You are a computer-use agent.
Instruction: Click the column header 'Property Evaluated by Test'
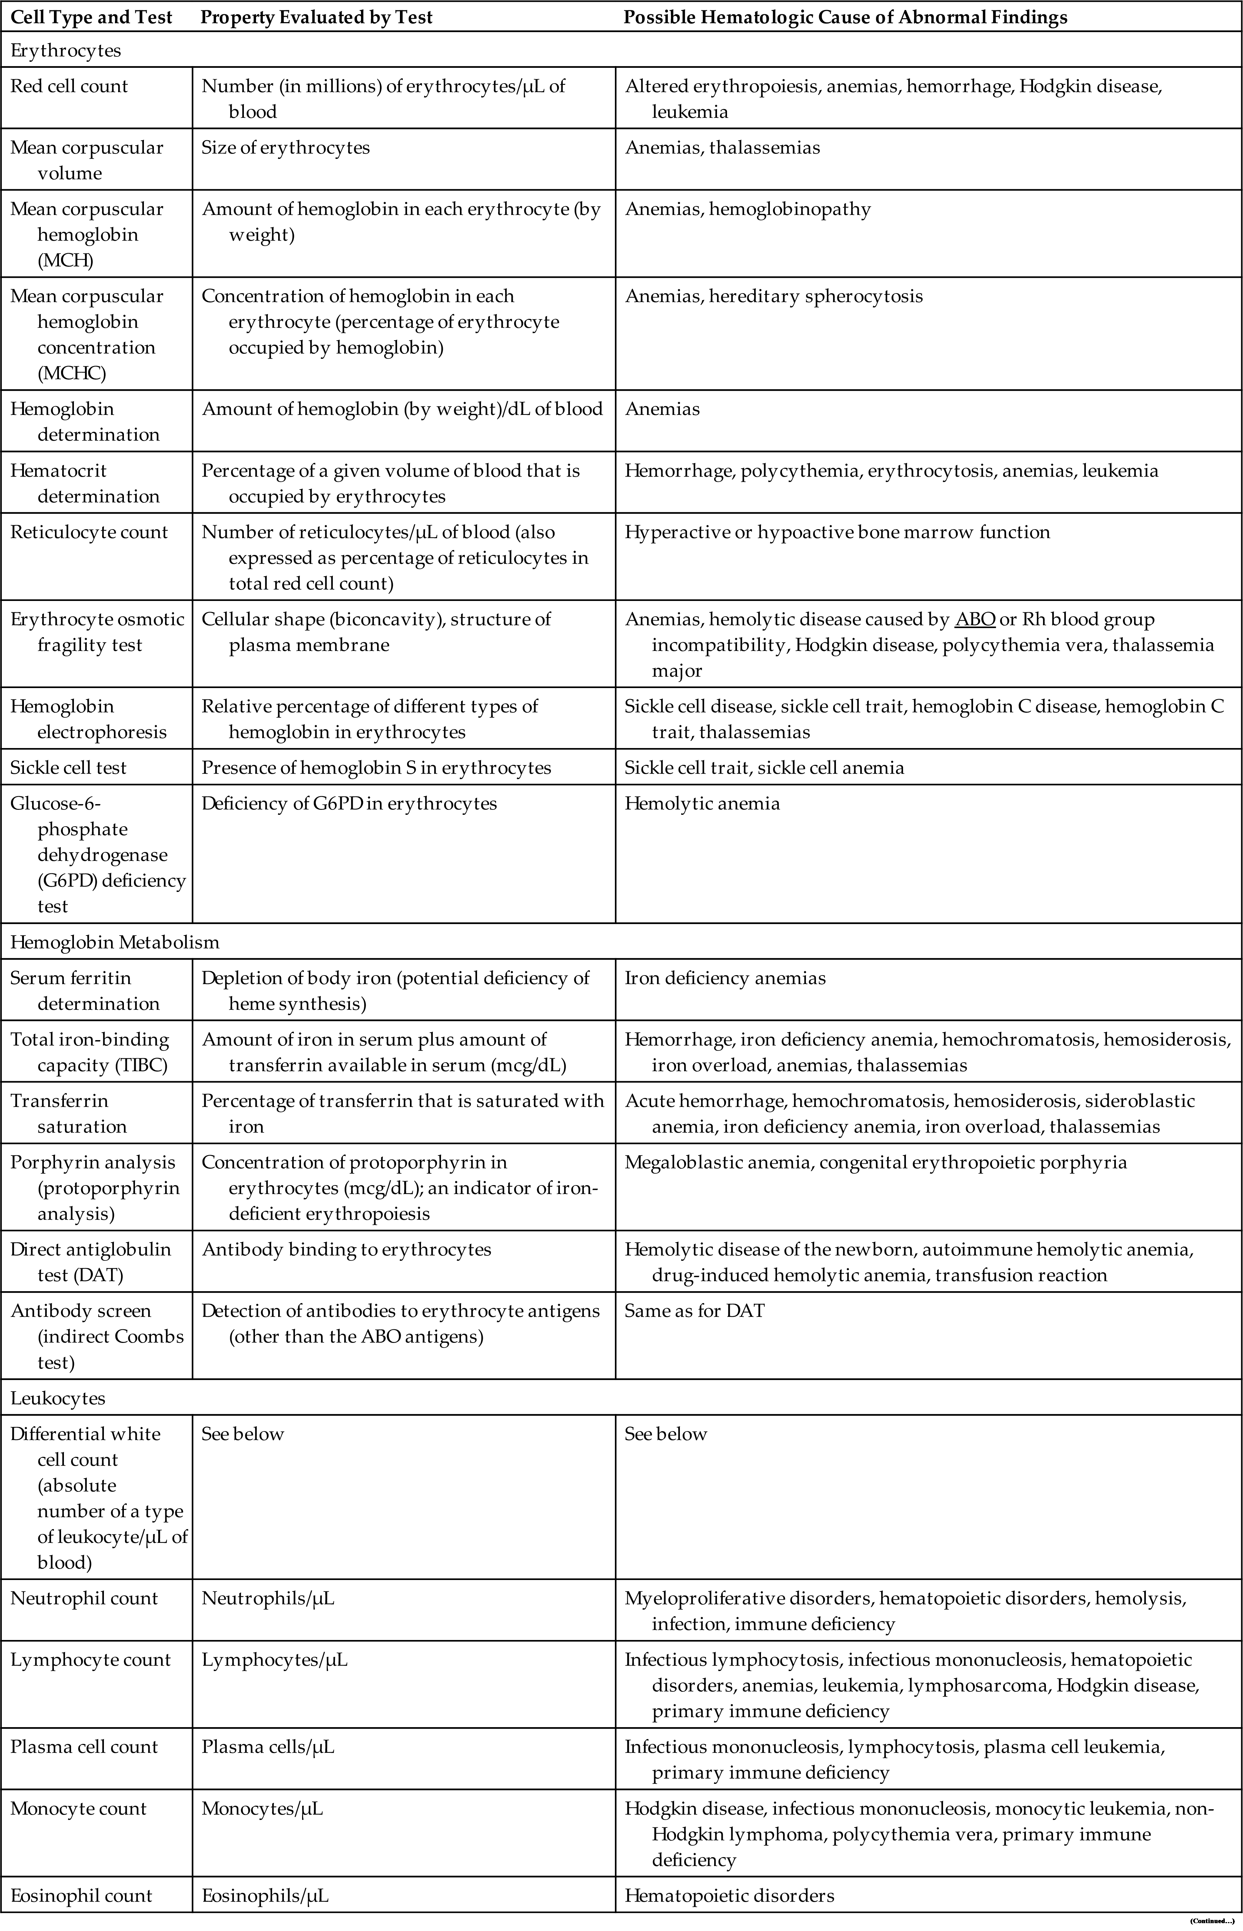[x=316, y=18]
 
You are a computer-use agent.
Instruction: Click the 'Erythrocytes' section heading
[x=65, y=50]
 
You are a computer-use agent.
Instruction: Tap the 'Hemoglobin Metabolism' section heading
[x=115, y=942]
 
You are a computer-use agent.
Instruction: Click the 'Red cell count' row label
[x=69, y=86]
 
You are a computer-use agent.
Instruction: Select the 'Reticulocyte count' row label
[x=89, y=532]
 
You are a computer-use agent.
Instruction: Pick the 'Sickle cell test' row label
[x=69, y=767]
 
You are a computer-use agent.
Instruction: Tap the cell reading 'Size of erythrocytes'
[x=286, y=148]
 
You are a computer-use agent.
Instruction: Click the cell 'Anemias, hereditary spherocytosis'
[x=773, y=296]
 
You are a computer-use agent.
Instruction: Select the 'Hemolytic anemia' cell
[x=702, y=804]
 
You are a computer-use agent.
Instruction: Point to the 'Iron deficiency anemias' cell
[x=725, y=978]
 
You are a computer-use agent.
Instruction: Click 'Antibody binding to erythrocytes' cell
[x=346, y=1249]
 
